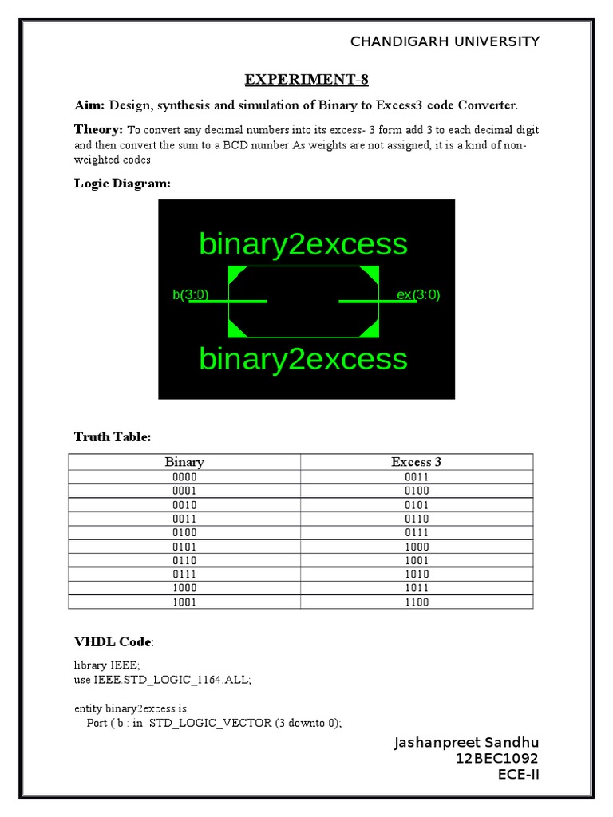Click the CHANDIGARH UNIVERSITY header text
445,41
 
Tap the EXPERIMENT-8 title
306,80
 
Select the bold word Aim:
89,105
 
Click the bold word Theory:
99,129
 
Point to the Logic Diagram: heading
122,184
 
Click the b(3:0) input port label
191,295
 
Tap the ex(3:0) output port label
418,295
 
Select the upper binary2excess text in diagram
303,243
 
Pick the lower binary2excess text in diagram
303,359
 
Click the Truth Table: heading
113,437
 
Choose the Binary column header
184,462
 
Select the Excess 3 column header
416,462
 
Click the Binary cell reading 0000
184,477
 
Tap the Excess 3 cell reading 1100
416,602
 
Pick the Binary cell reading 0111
184,574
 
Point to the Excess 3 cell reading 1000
416,547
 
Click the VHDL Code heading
113,642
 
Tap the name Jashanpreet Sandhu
467,744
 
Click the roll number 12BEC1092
497,759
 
